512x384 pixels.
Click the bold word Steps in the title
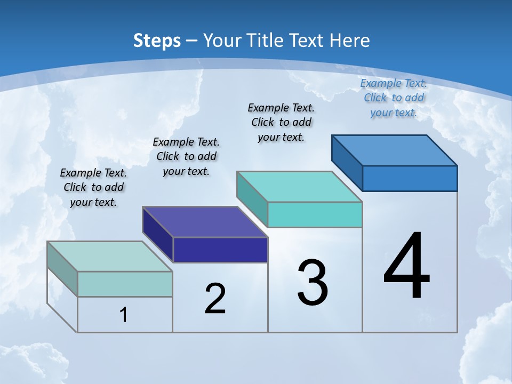[x=157, y=41]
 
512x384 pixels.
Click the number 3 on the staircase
[x=313, y=283]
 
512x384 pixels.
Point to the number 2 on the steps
[x=215, y=299]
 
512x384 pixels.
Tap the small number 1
[x=124, y=315]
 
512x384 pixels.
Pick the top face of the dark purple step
[x=205, y=222]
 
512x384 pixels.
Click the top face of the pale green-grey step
[x=110, y=257]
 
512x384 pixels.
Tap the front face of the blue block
[x=410, y=178]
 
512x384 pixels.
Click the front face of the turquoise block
[x=315, y=214]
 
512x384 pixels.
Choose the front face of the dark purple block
[x=220, y=250]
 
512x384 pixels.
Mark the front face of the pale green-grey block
[x=125, y=284]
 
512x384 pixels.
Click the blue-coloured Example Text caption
[x=394, y=98]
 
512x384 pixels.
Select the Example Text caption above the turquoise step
[x=281, y=122]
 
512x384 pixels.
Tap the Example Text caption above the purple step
[x=186, y=156]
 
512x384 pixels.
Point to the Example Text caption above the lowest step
[x=93, y=187]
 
